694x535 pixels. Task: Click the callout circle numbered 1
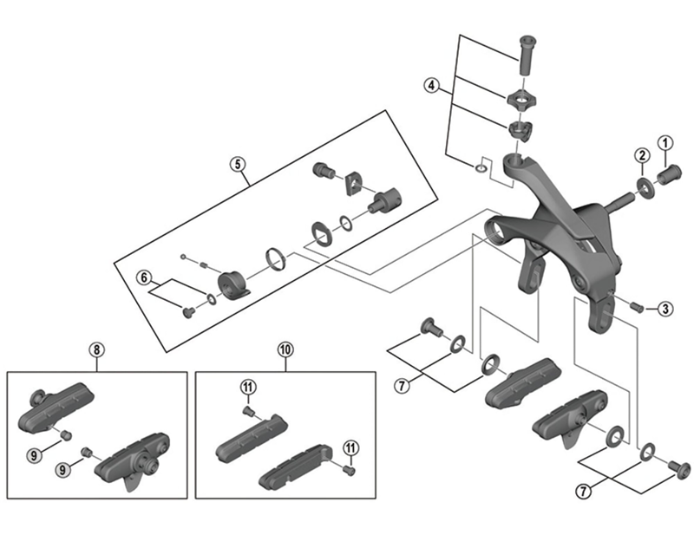click(x=666, y=142)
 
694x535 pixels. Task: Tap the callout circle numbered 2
click(x=641, y=156)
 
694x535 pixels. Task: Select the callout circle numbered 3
click(x=663, y=308)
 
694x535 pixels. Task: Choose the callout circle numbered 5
click(x=235, y=163)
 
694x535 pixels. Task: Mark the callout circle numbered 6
click(x=144, y=277)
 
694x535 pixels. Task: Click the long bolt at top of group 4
click(x=525, y=54)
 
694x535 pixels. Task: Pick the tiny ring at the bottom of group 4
click(x=481, y=165)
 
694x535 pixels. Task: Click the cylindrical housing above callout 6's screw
click(x=233, y=284)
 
